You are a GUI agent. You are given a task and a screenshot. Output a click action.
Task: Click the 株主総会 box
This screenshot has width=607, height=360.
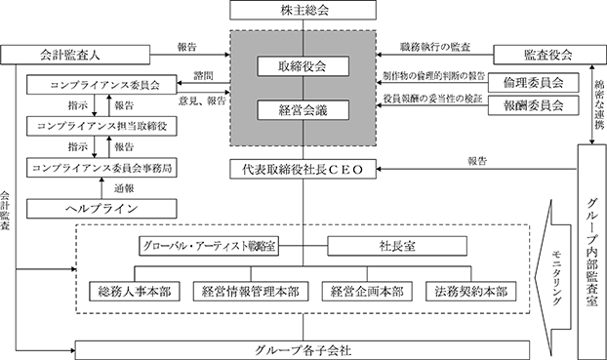(x=303, y=10)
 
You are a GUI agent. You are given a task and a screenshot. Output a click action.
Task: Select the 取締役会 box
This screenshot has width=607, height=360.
(x=303, y=66)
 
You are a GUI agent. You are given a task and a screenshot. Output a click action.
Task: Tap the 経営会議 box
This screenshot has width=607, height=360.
(x=303, y=110)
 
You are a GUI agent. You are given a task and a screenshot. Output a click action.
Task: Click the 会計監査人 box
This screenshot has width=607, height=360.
(x=75, y=55)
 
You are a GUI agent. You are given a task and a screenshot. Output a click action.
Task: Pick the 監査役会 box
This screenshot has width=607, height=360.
(x=550, y=55)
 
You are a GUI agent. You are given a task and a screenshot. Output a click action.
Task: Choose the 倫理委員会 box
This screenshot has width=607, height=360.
(x=534, y=83)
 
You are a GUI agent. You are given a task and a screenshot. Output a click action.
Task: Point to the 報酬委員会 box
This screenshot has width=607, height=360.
(x=534, y=105)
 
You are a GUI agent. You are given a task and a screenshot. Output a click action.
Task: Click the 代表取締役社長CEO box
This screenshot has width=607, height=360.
(x=303, y=169)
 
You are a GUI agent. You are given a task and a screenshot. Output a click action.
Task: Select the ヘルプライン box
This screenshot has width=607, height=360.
(x=101, y=209)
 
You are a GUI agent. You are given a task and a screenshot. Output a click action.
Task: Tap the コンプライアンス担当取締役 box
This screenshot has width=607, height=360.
(x=101, y=126)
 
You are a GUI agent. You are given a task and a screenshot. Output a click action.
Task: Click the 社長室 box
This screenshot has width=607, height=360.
(x=397, y=246)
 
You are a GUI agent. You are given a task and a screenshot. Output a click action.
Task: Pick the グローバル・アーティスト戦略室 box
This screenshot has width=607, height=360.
(x=209, y=246)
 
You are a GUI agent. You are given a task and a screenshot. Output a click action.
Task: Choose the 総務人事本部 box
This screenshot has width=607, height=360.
(x=135, y=291)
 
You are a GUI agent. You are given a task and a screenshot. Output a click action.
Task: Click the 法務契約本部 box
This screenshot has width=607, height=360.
(x=471, y=291)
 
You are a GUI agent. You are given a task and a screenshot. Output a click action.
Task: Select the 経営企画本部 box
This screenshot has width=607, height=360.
(x=367, y=291)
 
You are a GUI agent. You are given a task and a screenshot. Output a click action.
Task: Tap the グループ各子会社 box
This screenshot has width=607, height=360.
(x=303, y=350)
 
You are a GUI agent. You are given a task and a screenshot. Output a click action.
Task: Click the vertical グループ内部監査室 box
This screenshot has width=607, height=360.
(x=592, y=252)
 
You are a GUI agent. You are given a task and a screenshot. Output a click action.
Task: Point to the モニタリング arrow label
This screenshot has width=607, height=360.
(x=557, y=277)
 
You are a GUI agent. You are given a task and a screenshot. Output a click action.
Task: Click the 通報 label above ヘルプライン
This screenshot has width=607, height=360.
(x=124, y=188)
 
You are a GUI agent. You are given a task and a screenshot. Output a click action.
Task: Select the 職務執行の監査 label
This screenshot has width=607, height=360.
(x=435, y=47)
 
